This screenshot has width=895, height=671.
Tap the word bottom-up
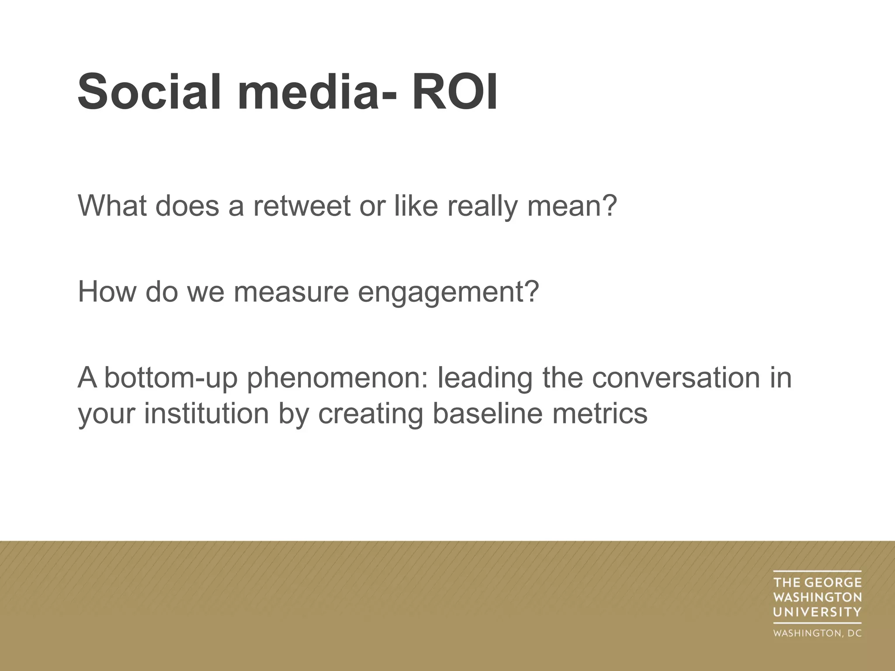pyautogui.click(x=171, y=378)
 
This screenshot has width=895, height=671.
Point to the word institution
pyautogui.click(x=206, y=413)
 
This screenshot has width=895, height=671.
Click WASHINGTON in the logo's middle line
pyautogui.click(x=817, y=597)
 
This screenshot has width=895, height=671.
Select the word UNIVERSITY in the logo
pyautogui.click(x=817, y=612)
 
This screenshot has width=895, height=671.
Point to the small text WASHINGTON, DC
pyautogui.click(x=817, y=633)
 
